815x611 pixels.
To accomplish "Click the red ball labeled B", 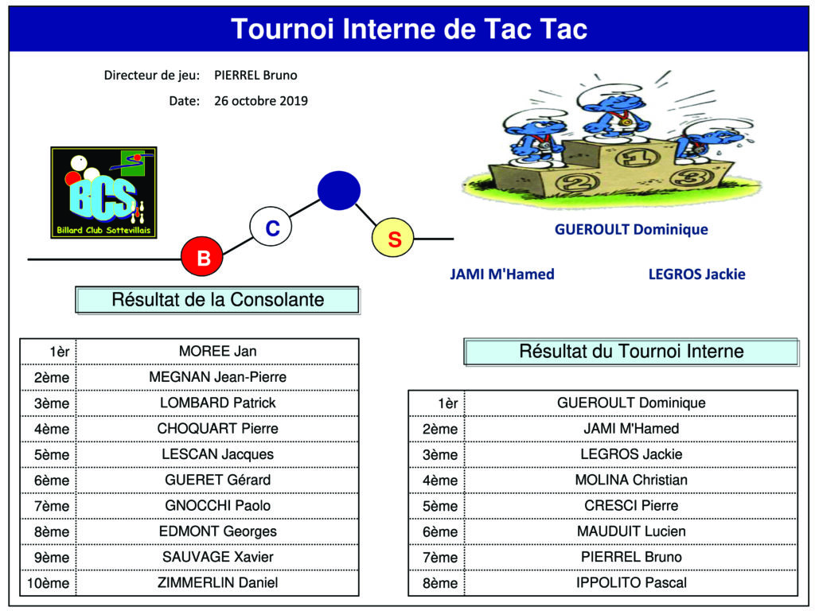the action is click(x=202, y=256).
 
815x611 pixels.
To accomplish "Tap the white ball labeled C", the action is click(x=271, y=227).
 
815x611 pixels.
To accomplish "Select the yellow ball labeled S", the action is click(x=393, y=238).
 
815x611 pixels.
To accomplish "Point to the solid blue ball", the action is click(x=339, y=191).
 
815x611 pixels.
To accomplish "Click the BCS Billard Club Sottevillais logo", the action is click(x=104, y=193).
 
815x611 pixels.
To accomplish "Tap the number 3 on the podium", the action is click(x=690, y=178).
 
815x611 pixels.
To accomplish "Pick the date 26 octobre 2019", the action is click(x=261, y=101).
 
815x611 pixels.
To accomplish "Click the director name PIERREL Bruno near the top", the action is click(x=255, y=76).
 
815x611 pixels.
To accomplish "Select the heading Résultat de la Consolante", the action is click(x=218, y=300).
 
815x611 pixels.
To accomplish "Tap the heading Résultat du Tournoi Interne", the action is click(x=631, y=351).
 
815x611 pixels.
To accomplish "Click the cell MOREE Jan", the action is click(x=218, y=351).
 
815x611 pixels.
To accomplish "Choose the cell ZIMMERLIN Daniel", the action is click(x=218, y=582).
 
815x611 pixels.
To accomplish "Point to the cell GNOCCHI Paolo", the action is click(x=218, y=505).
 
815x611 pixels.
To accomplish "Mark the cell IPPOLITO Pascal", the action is click(x=631, y=582).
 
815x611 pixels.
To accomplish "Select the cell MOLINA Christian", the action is click(x=631, y=480).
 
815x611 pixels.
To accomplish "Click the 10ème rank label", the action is click(x=48, y=583).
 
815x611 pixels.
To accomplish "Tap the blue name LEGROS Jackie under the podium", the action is click(x=696, y=274).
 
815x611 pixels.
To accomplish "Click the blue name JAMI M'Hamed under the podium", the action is click(x=502, y=274).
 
